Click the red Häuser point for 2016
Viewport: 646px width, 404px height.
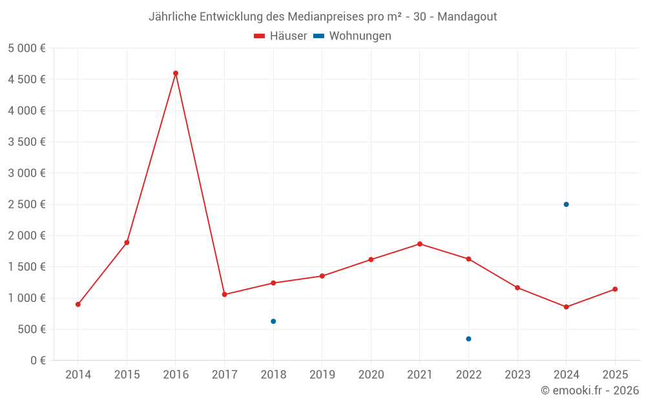(176, 73)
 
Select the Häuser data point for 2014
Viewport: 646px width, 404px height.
(78, 304)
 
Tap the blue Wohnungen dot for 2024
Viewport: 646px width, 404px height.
(566, 204)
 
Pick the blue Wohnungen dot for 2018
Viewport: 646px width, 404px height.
(273, 321)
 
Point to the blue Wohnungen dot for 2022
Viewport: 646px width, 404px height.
(468, 339)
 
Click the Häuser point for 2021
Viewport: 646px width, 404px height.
(420, 244)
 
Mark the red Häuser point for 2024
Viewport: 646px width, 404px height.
(566, 307)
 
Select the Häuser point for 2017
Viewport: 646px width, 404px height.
(224, 295)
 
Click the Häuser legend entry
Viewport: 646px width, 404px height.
(280, 36)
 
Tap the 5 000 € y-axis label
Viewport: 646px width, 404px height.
(26, 48)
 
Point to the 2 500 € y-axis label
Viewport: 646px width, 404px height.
(26, 204)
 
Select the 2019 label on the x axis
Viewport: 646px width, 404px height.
(322, 375)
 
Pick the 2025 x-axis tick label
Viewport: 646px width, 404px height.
(615, 375)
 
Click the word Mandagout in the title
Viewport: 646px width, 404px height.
(467, 16)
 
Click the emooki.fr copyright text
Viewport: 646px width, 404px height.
(590, 390)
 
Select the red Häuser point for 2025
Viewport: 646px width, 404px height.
(615, 289)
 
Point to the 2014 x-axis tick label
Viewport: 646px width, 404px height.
(78, 375)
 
